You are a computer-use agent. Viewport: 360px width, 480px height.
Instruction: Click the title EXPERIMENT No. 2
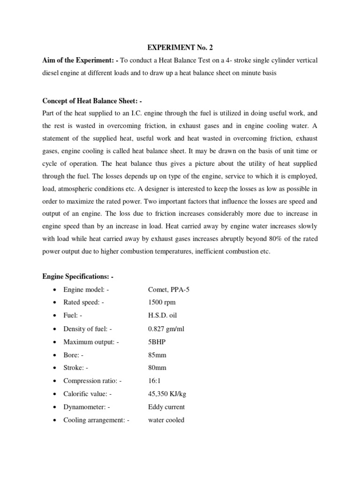tap(180, 47)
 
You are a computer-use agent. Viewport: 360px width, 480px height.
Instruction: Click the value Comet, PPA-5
tap(169, 290)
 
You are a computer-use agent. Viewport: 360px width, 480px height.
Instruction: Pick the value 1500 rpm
tap(162, 302)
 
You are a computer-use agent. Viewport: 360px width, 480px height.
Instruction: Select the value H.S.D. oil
tap(162, 315)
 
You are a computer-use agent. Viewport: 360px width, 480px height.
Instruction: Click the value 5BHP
tap(157, 342)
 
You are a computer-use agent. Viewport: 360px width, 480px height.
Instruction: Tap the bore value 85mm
tap(157, 355)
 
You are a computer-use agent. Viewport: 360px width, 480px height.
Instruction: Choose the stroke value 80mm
tap(157, 368)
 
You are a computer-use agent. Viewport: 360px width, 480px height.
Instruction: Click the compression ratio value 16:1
tap(155, 381)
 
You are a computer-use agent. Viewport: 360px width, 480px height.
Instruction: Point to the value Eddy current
tap(166, 407)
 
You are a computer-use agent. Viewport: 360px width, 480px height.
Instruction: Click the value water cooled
tap(166, 420)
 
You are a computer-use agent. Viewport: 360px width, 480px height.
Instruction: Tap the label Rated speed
tap(83, 302)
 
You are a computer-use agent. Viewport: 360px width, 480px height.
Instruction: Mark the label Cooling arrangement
tap(96, 420)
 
